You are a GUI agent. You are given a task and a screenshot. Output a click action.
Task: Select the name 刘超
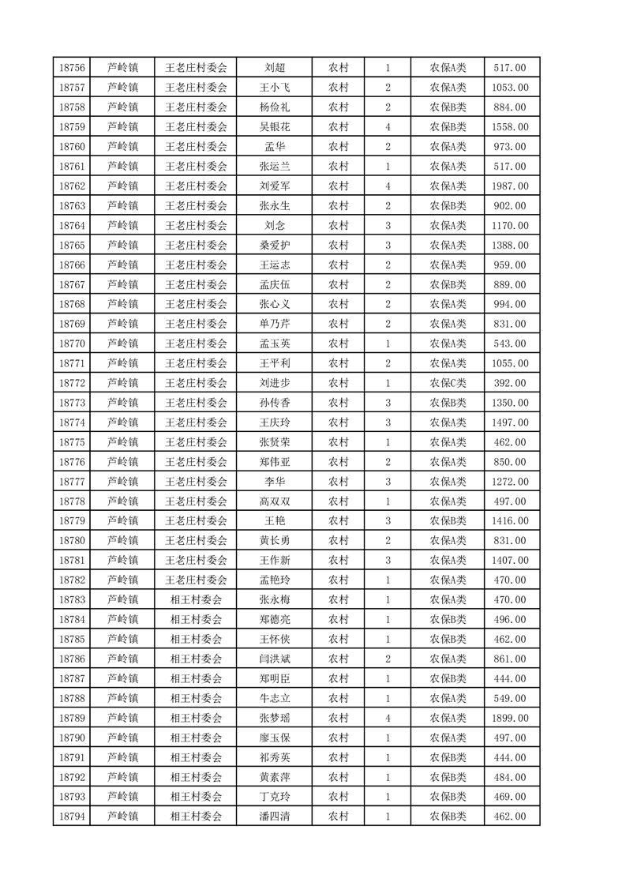(x=274, y=68)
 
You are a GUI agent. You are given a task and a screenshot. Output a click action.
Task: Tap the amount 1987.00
(x=509, y=186)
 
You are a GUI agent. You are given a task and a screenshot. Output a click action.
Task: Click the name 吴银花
(x=274, y=127)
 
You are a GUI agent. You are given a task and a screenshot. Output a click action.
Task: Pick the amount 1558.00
(x=509, y=127)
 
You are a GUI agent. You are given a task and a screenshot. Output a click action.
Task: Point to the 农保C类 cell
(x=448, y=383)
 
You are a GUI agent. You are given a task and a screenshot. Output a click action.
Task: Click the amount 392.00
(x=509, y=383)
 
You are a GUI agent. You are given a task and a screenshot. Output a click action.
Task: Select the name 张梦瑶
(x=274, y=718)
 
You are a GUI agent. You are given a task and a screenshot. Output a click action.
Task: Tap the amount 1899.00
(x=509, y=718)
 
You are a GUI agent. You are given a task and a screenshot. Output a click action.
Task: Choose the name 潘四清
(x=274, y=817)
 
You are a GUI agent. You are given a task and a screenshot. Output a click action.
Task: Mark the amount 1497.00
(x=509, y=422)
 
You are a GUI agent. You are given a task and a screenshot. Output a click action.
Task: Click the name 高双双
(x=274, y=501)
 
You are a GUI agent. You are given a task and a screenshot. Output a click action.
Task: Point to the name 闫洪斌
(x=274, y=659)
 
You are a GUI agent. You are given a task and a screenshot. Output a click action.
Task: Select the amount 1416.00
(x=509, y=521)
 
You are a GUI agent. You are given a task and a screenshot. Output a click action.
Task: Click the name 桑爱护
(x=274, y=246)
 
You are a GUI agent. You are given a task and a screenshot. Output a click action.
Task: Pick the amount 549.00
(x=509, y=698)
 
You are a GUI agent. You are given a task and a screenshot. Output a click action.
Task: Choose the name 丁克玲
(x=274, y=797)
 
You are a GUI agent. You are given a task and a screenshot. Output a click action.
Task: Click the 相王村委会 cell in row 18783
(x=196, y=599)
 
